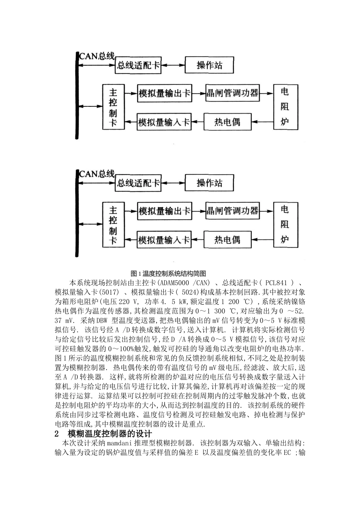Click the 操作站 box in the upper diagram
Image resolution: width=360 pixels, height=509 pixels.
pyautogui.click(x=209, y=66)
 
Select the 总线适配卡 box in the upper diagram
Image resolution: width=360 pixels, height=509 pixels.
pyautogui.click(x=138, y=66)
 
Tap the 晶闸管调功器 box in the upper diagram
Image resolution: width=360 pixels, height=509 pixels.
pyautogui.click(x=232, y=93)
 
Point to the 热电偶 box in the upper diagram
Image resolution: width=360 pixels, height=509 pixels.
pyautogui.click(x=227, y=122)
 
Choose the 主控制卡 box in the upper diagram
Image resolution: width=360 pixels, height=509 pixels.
pyautogui.click(x=113, y=108)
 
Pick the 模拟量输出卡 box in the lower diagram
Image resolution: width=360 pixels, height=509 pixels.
pyautogui.click(x=164, y=211)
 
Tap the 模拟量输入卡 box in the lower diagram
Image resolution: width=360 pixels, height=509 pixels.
pyautogui.click(x=164, y=240)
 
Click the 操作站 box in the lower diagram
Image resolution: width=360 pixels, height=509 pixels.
pyautogui.click(x=209, y=183)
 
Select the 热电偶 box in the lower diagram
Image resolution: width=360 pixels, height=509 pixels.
pyautogui.click(x=227, y=240)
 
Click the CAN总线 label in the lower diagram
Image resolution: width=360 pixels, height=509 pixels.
pyautogui.click(x=97, y=174)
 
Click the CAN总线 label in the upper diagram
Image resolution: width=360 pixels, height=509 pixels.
pyautogui.click(x=97, y=56)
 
